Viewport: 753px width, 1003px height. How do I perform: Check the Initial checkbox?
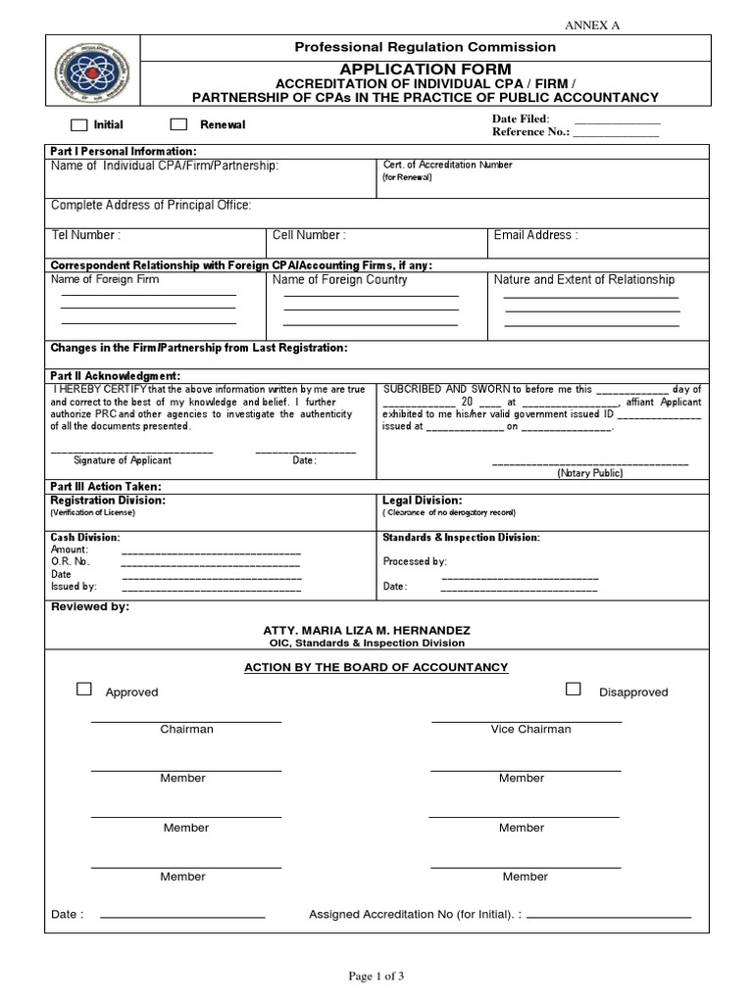(x=78, y=125)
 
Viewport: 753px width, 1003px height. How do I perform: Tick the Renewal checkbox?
(x=178, y=124)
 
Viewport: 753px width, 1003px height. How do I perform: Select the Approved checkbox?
(x=84, y=690)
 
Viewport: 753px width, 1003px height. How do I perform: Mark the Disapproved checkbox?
(x=573, y=690)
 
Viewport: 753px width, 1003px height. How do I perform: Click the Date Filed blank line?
(x=617, y=122)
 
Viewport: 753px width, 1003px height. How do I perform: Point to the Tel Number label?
(x=85, y=235)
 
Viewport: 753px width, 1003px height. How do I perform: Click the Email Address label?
(x=535, y=235)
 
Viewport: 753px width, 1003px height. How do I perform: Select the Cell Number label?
(x=309, y=235)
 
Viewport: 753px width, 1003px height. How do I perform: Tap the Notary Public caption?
(x=590, y=473)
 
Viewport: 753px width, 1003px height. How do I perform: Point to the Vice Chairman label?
(x=530, y=729)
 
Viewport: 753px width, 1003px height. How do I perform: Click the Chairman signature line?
(x=186, y=722)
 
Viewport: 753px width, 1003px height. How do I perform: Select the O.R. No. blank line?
(x=211, y=566)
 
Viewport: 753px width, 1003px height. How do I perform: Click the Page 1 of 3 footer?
(x=376, y=975)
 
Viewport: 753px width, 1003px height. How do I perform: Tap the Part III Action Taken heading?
(x=105, y=487)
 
